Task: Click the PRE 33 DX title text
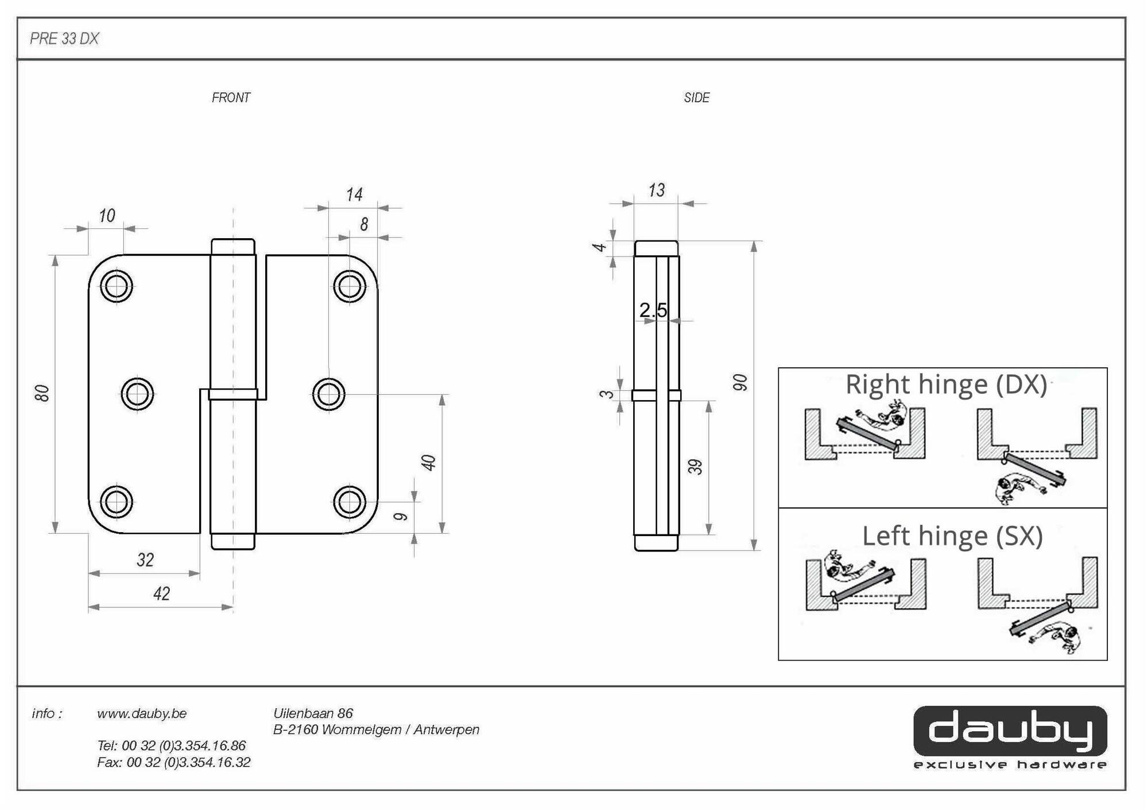64,38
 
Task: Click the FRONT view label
231,98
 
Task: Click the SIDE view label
696,98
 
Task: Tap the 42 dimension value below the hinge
161,593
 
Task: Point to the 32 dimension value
145,560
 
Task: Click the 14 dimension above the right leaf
354,195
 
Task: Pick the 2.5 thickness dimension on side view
653,311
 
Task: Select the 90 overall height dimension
740,382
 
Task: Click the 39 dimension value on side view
695,467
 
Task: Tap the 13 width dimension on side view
656,190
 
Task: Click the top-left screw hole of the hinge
117,286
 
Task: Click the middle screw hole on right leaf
329,394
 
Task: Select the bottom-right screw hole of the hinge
349,502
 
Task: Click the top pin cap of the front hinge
233,247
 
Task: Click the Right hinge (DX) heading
946,385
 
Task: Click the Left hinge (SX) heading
952,536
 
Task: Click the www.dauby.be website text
142,713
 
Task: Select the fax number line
174,762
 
